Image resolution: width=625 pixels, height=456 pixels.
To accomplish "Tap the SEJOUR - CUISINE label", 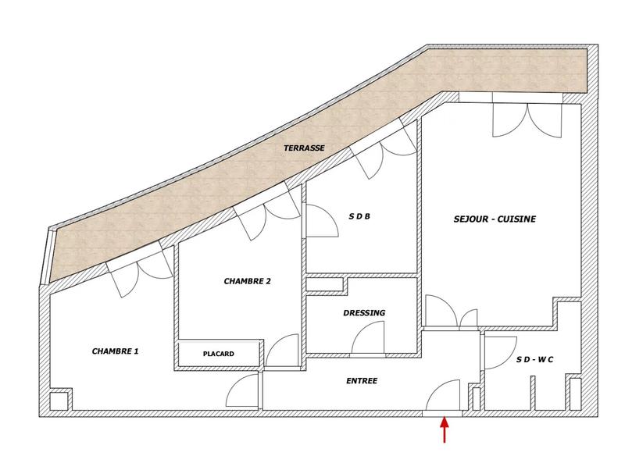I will pos(494,219).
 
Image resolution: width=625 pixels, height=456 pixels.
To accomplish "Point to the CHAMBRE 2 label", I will pos(247,282).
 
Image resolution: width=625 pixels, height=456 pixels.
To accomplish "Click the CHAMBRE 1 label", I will pos(115,351).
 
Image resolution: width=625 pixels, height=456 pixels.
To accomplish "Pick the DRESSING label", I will pos(364,313).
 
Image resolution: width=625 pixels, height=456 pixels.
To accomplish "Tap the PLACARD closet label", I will pos(219,354).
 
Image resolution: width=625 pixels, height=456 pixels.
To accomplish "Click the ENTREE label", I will pos(362,381).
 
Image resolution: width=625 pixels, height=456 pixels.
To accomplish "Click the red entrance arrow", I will pos(445,430).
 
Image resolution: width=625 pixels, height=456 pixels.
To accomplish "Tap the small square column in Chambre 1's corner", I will pos(59,401).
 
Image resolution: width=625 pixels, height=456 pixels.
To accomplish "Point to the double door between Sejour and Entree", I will pos(452,313).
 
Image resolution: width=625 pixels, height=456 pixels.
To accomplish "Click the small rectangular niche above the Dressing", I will pos(325,283).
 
